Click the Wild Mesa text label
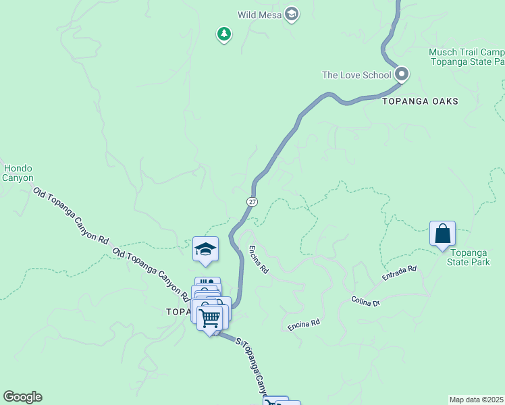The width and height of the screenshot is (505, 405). (x=260, y=14)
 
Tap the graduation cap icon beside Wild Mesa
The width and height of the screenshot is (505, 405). (x=291, y=14)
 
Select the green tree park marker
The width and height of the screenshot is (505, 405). (x=224, y=34)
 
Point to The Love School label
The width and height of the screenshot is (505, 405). (x=356, y=75)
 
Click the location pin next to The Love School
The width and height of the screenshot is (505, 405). (x=402, y=74)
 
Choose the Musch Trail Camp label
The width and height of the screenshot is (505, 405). (x=466, y=53)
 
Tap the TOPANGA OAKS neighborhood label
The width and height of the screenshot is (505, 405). (x=420, y=101)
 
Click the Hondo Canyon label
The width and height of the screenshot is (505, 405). (x=18, y=173)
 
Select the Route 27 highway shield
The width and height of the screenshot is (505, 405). (x=252, y=201)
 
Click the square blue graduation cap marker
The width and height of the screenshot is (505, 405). (x=205, y=249)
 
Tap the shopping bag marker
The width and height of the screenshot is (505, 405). (x=442, y=234)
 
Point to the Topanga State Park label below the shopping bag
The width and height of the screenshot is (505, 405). (x=468, y=256)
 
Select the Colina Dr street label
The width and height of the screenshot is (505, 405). (x=366, y=301)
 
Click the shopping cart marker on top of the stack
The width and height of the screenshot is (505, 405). (x=210, y=317)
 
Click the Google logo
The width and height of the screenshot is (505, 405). (x=22, y=397)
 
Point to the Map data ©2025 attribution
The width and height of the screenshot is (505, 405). (x=475, y=400)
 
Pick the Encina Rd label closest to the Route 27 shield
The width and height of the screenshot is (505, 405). (x=259, y=259)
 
